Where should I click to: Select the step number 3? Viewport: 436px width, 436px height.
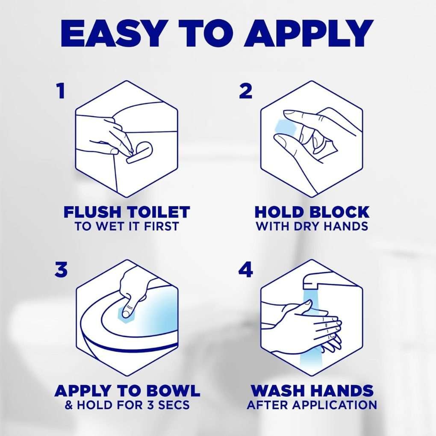61,270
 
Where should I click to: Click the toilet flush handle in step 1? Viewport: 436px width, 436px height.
140,153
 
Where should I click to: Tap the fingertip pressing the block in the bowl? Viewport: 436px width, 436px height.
127,313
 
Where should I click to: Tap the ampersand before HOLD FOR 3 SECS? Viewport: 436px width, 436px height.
68,405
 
